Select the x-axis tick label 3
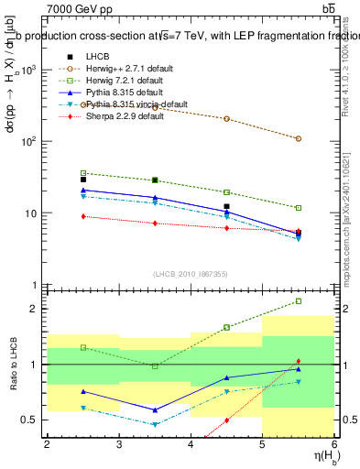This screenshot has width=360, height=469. (119, 444)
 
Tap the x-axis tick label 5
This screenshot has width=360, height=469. (262, 444)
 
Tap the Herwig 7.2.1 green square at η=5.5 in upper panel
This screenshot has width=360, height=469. (299, 208)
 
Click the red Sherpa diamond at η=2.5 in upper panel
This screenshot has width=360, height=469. (83, 216)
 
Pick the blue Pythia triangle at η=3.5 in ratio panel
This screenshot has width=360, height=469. (155, 409)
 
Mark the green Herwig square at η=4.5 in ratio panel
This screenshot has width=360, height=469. (226, 327)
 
